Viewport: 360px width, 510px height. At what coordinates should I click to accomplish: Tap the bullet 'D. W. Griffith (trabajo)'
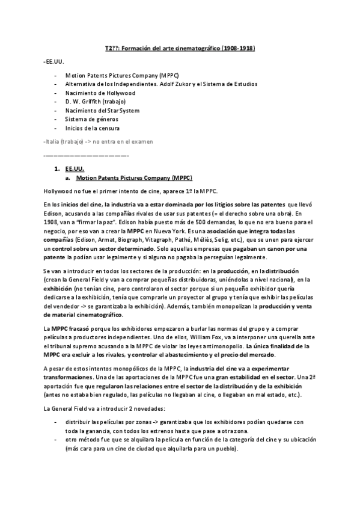(94, 102)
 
